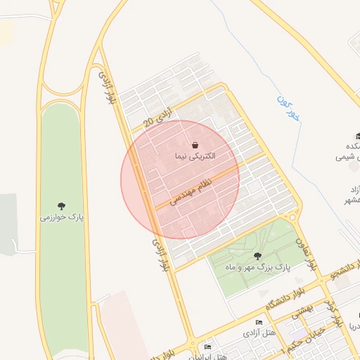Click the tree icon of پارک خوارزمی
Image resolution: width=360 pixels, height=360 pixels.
[x=62, y=206]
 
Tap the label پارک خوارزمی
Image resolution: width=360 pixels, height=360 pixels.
[x=62, y=218]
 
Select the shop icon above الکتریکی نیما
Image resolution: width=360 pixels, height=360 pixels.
[x=194, y=145]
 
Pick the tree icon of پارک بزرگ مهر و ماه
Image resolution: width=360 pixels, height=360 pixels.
[x=257, y=257]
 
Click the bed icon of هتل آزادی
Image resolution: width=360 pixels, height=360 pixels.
[x=259, y=322]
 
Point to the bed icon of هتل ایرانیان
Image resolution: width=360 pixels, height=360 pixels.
[x=207, y=347]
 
